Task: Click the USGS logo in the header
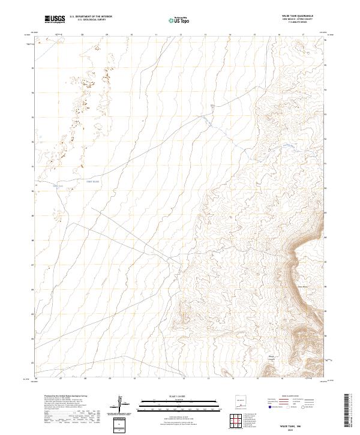click(55, 19)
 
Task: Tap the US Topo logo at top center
click(178, 20)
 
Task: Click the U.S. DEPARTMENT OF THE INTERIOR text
click(91, 17)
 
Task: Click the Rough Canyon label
click(271, 359)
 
